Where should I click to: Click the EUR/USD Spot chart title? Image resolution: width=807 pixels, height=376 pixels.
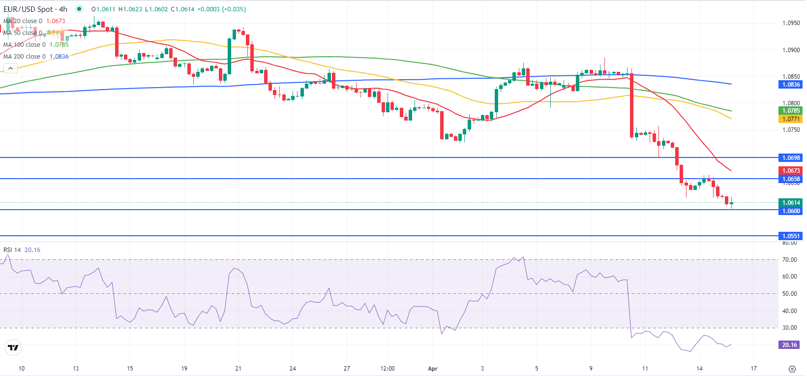[35, 9]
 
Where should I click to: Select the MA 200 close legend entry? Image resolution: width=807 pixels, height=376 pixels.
[35, 57]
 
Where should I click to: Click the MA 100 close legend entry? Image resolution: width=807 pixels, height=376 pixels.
[35, 45]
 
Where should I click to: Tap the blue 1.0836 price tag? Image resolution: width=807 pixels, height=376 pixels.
[791, 85]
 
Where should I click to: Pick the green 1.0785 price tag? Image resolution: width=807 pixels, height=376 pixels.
[791, 111]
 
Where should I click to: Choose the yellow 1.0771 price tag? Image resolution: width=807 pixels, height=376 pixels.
[791, 119]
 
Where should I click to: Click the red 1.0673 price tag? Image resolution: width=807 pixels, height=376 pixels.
[791, 171]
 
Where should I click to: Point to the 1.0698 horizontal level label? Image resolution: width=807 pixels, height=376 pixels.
[791, 158]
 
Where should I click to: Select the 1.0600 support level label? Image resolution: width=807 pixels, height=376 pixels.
[791, 211]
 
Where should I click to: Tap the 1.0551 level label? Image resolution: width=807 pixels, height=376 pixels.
[791, 236]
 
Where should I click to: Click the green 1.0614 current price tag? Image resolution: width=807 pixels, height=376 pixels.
[791, 203]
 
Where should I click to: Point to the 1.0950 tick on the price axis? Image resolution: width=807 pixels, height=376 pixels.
[791, 23]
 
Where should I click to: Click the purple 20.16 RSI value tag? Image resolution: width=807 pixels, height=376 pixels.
[789, 345]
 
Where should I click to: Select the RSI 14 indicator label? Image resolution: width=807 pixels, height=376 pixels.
[12, 250]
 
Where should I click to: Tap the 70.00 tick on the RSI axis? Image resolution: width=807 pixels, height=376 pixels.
[789, 260]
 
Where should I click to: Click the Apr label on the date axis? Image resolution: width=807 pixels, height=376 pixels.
[433, 369]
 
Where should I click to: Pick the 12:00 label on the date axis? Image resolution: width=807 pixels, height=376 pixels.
[388, 369]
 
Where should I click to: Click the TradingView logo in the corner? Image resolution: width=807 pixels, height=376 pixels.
[13, 348]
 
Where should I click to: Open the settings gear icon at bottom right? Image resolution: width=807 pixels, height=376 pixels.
[792, 369]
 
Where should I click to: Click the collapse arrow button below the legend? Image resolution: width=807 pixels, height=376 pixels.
[10, 69]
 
